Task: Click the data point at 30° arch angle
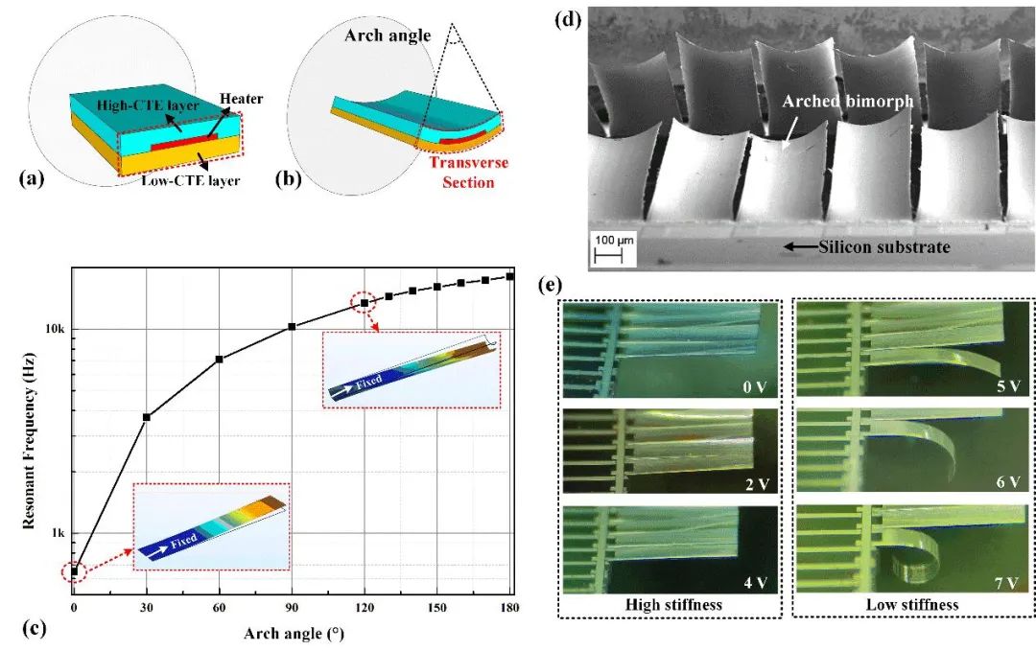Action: click(x=147, y=417)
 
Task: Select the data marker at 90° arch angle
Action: click(x=292, y=327)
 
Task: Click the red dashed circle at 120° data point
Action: click(x=364, y=302)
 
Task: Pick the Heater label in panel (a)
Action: click(x=241, y=99)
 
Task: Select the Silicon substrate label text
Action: click(x=884, y=247)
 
